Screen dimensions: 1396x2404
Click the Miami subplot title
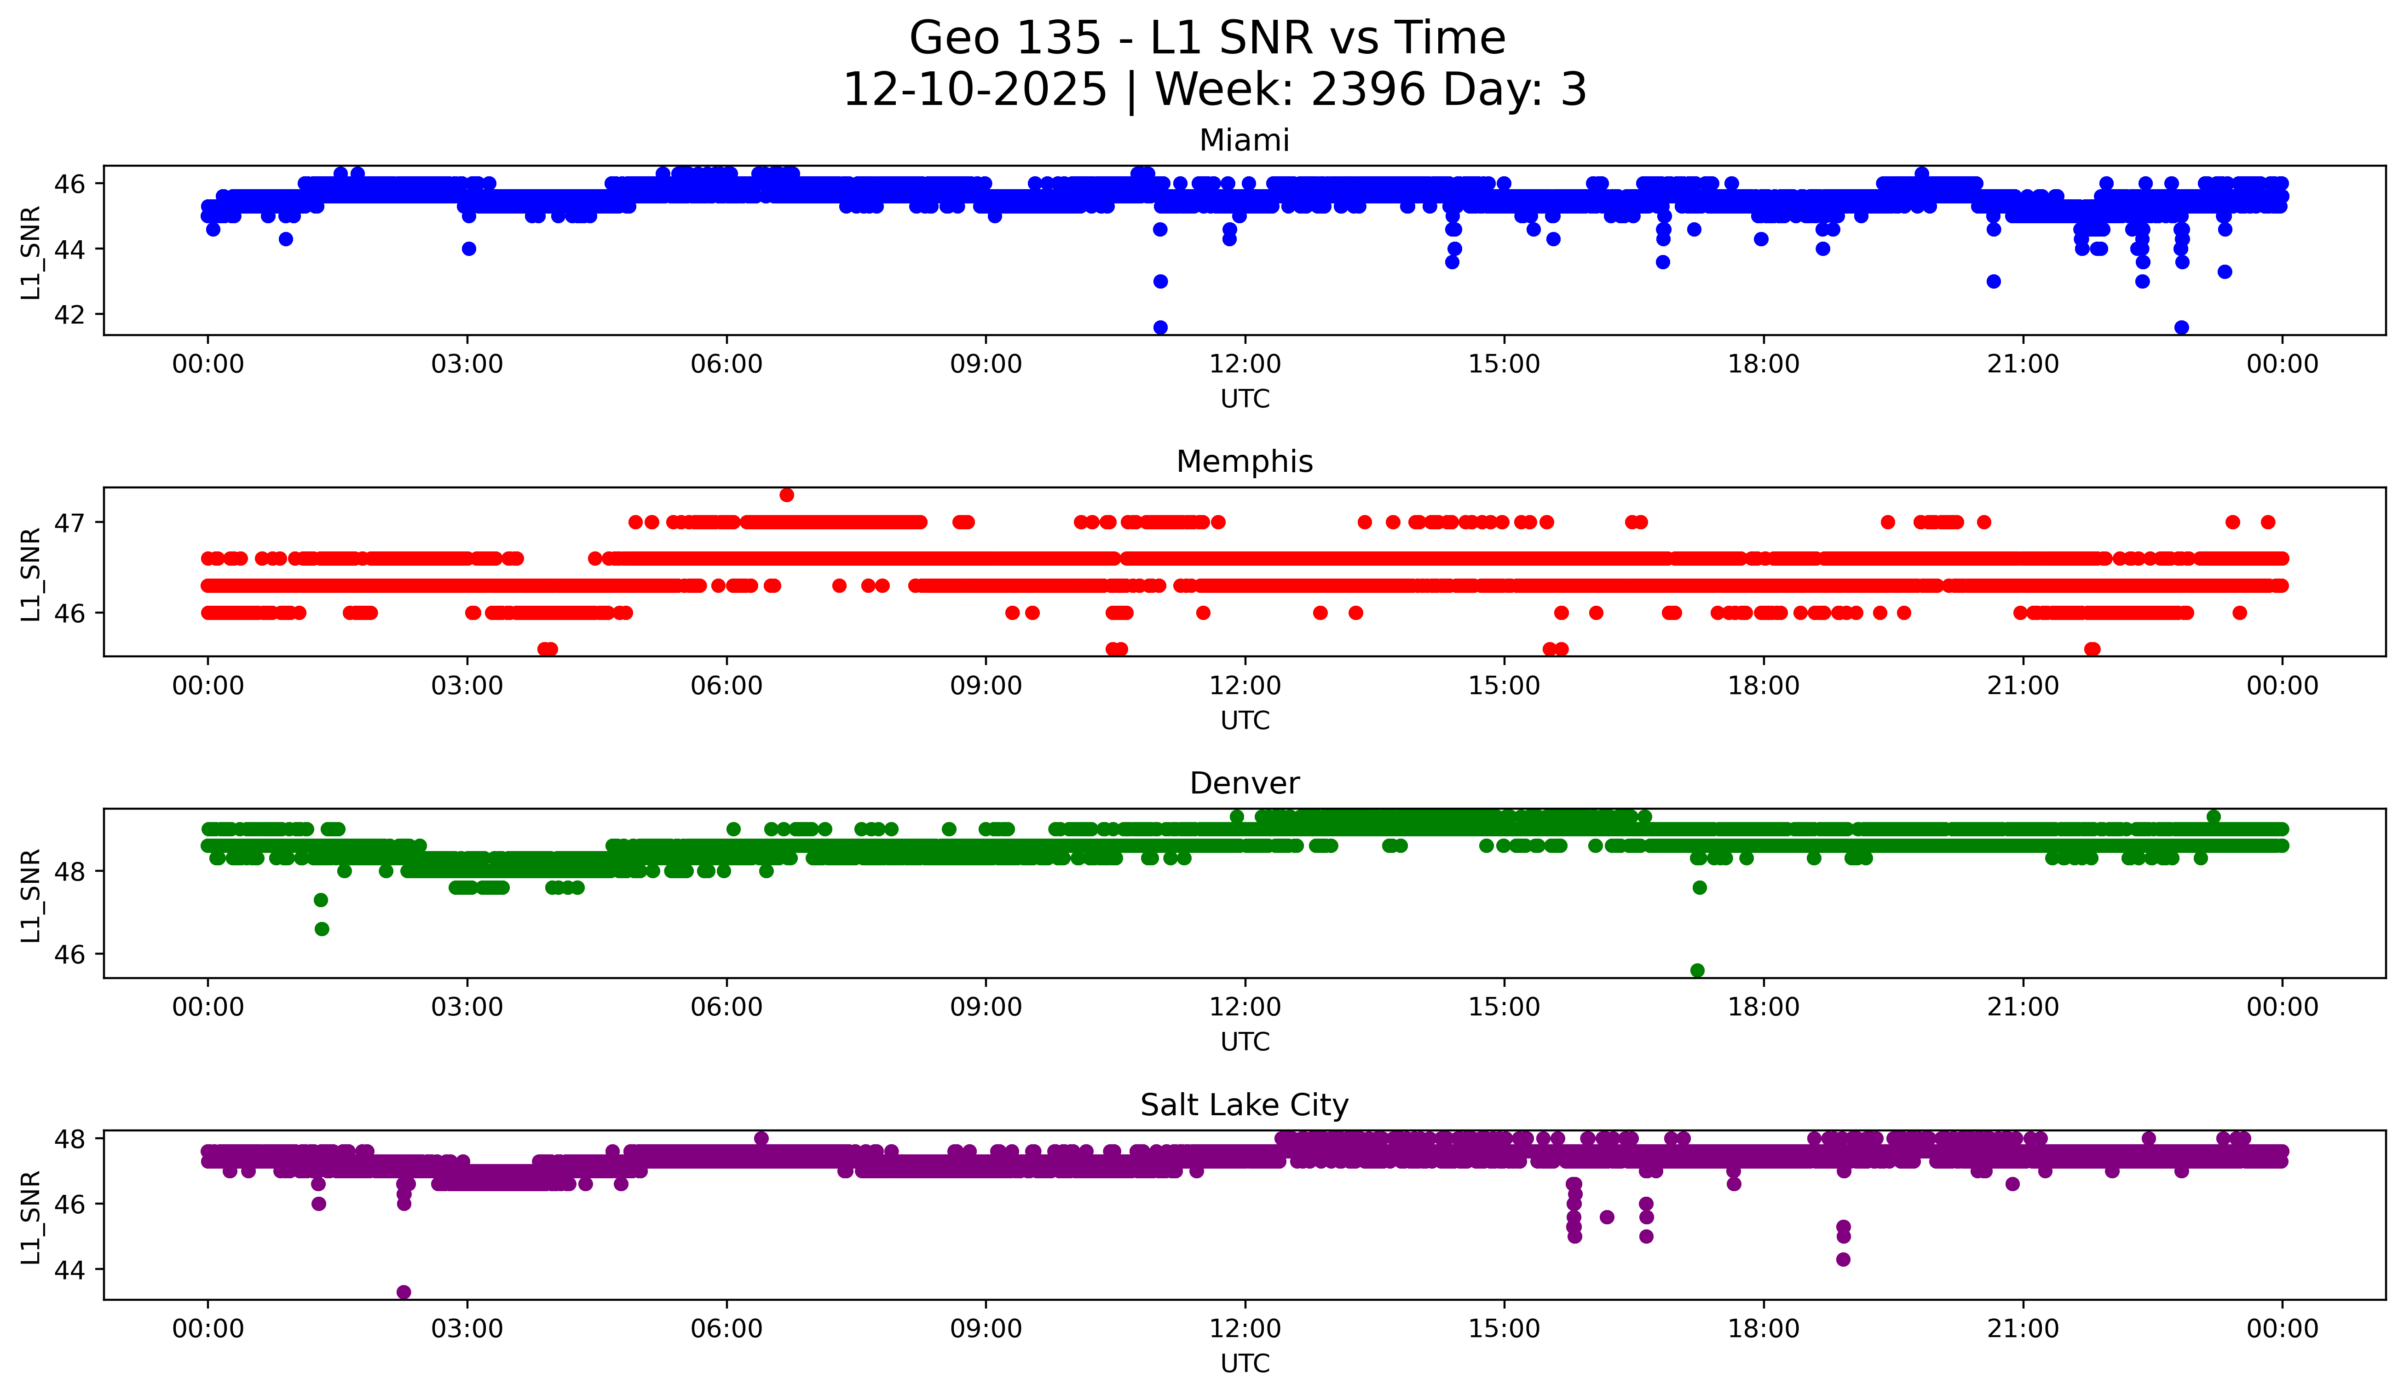[1244, 140]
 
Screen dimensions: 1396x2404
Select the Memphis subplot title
[1244, 462]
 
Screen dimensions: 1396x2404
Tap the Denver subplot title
[1244, 783]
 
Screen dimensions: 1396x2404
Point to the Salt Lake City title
[1244, 1105]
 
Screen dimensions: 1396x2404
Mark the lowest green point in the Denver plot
[1697, 970]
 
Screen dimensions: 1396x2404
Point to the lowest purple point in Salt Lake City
[404, 1292]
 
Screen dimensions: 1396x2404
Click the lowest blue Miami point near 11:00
[1160, 327]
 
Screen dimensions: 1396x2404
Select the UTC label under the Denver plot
[1244, 1042]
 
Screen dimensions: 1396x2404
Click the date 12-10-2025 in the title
[975, 90]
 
